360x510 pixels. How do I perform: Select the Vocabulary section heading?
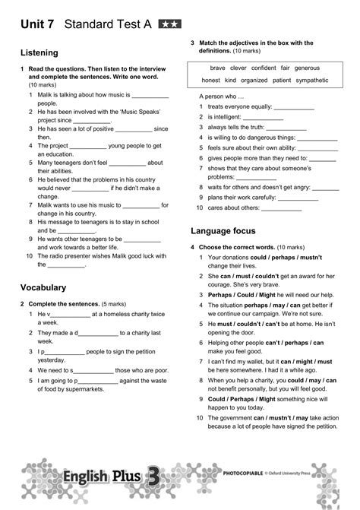[x=43, y=287]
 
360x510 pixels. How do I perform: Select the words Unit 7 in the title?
[x=36, y=24]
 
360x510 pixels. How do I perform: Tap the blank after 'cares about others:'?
[x=281, y=207]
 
